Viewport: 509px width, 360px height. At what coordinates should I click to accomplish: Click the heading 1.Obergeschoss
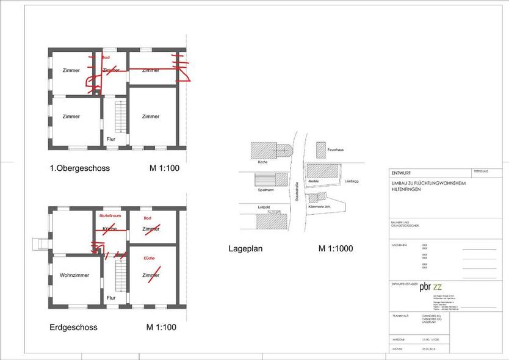pyautogui.click(x=79, y=168)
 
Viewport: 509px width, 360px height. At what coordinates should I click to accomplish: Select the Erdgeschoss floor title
pyautogui.click(x=73, y=328)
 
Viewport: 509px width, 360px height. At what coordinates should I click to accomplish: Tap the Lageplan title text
pyautogui.click(x=245, y=248)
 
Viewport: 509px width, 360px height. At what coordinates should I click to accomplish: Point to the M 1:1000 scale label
pyautogui.click(x=335, y=248)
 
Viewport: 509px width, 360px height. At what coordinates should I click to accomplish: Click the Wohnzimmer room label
pyautogui.click(x=74, y=275)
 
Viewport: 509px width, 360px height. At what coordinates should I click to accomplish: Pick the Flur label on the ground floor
pyautogui.click(x=111, y=298)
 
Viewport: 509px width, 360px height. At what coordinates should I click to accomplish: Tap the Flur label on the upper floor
pyautogui.click(x=111, y=139)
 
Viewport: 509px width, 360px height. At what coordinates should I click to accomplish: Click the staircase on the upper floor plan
pyautogui.click(x=121, y=117)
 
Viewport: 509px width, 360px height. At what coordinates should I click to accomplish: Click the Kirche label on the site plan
pyautogui.click(x=263, y=162)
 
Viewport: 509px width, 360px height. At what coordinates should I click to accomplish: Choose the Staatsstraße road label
pyautogui.click(x=295, y=190)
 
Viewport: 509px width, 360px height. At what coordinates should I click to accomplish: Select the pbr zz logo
pyautogui.click(x=431, y=287)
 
